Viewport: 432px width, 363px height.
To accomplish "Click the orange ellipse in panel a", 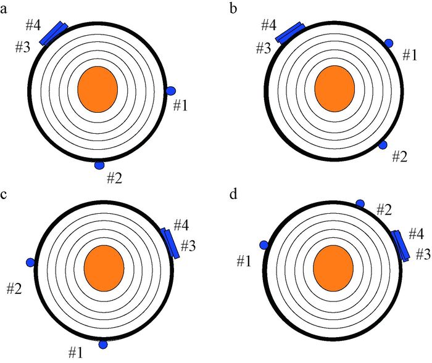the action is pyautogui.click(x=98, y=89).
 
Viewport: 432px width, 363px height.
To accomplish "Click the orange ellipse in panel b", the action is pyautogui.click(x=334, y=89).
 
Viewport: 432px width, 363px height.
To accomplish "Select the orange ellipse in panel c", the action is pyautogui.click(x=104, y=269).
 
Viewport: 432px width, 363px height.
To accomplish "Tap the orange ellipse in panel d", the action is pyautogui.click(x=333, y=269).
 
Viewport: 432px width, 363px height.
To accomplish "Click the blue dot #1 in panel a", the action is pyautogui.click(x=171, y=91).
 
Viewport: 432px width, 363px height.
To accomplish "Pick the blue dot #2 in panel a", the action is pyautogui.click(x=99, y=165).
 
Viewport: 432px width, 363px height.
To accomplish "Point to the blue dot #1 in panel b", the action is pyautogui.click(x=389, y=43).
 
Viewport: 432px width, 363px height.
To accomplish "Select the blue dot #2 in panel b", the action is pyautogui.click(x=382, y=145).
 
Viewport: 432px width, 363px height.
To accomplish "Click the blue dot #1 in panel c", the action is pyautogui.click(x=103, y=344).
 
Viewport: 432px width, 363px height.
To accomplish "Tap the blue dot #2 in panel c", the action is pyautogui.click(x=30, y=263).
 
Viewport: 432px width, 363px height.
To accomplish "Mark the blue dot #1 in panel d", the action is pyautogui.click(x=264, y=245).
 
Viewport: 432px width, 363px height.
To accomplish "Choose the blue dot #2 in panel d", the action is pyautogui.click(x=360, y=203).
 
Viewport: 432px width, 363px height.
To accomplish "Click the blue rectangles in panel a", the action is pyautogui.click(x=54, y=33).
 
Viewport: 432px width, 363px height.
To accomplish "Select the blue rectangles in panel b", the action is pyautogui.click(x=289, y=33).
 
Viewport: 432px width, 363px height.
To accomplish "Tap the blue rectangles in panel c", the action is pyautogui.click(x=170, y=243).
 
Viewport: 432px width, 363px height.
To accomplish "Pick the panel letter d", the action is pyautogui.click(x=233, y=195).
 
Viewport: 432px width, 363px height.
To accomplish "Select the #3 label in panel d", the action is pyautogui.click(x=423, y=253).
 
